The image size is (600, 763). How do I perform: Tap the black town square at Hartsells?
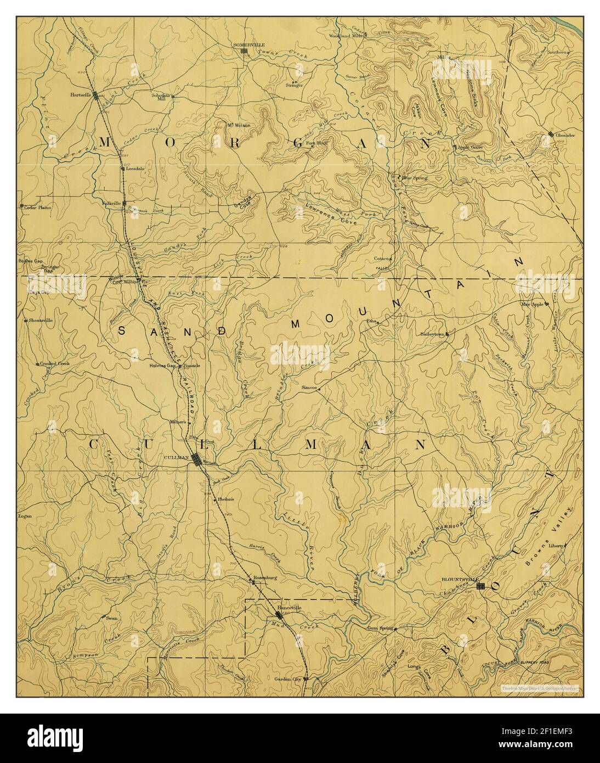tap(97, 96)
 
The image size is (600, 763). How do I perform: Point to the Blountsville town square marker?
tap(480, 586)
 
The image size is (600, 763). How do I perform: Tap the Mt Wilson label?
tap(239, 126)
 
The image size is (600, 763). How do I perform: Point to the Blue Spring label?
tap(415, 178)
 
